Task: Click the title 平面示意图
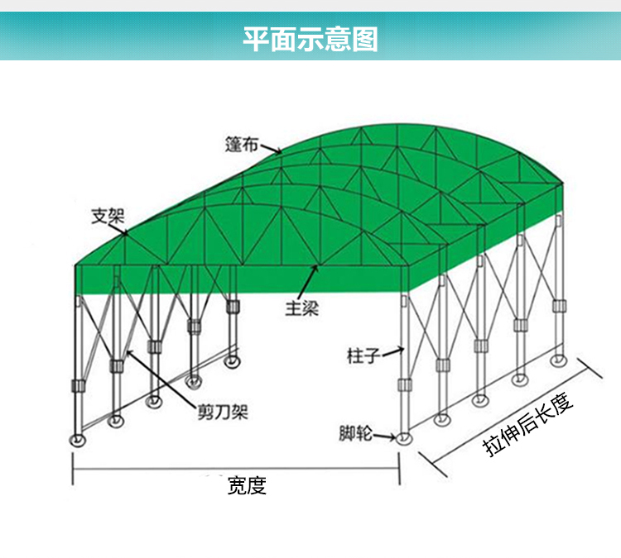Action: tap(310, 37)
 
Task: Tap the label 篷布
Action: tap(242, 144)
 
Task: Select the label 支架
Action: tap(107, 217)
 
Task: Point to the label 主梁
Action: tap(302, 309)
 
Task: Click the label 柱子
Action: tap(363, 356)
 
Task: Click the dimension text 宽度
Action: tap(247, 485)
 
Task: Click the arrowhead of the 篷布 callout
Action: tap(280, 151)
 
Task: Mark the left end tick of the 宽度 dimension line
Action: tap(75, 469)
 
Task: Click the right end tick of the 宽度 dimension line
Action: tap(401, 469)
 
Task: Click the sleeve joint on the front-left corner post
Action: tap(79, 386)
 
